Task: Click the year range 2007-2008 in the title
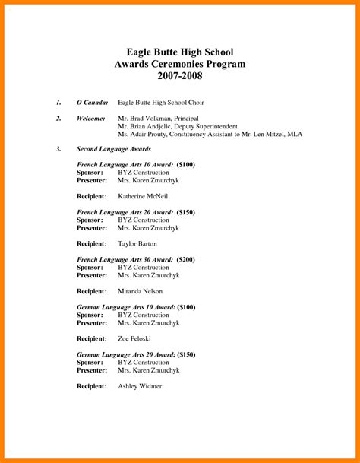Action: point(179,78)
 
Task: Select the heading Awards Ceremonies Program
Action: point(179,65)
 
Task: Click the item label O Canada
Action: point(92,102)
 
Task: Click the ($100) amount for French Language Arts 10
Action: point(186,164)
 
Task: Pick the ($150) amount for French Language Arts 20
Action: point(186,211)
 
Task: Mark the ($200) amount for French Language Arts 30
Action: point(186,259)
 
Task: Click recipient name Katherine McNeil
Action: point(143,196)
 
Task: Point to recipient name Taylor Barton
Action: point(137,244)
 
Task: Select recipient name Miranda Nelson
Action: point(141,291)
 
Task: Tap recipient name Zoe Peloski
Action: point(134,338)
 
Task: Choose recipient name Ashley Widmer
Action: point(140,386)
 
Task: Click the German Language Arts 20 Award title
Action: point(126,354)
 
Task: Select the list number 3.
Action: point(58,149)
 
